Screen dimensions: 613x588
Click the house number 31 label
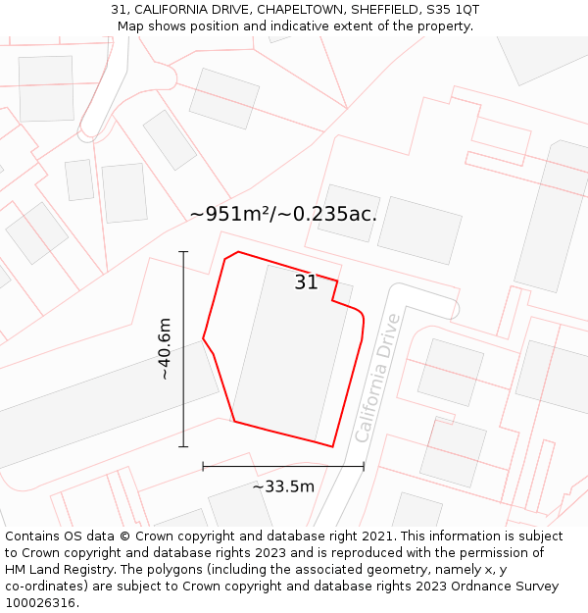306,282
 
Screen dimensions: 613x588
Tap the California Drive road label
377,377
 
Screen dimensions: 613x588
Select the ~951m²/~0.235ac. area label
283,213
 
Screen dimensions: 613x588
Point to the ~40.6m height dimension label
165,349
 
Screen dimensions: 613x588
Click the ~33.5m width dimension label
283,486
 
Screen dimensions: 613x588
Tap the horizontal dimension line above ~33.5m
283,466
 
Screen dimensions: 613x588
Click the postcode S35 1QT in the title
452,10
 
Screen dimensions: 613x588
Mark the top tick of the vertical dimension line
183,252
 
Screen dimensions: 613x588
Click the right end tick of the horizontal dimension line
364,466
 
